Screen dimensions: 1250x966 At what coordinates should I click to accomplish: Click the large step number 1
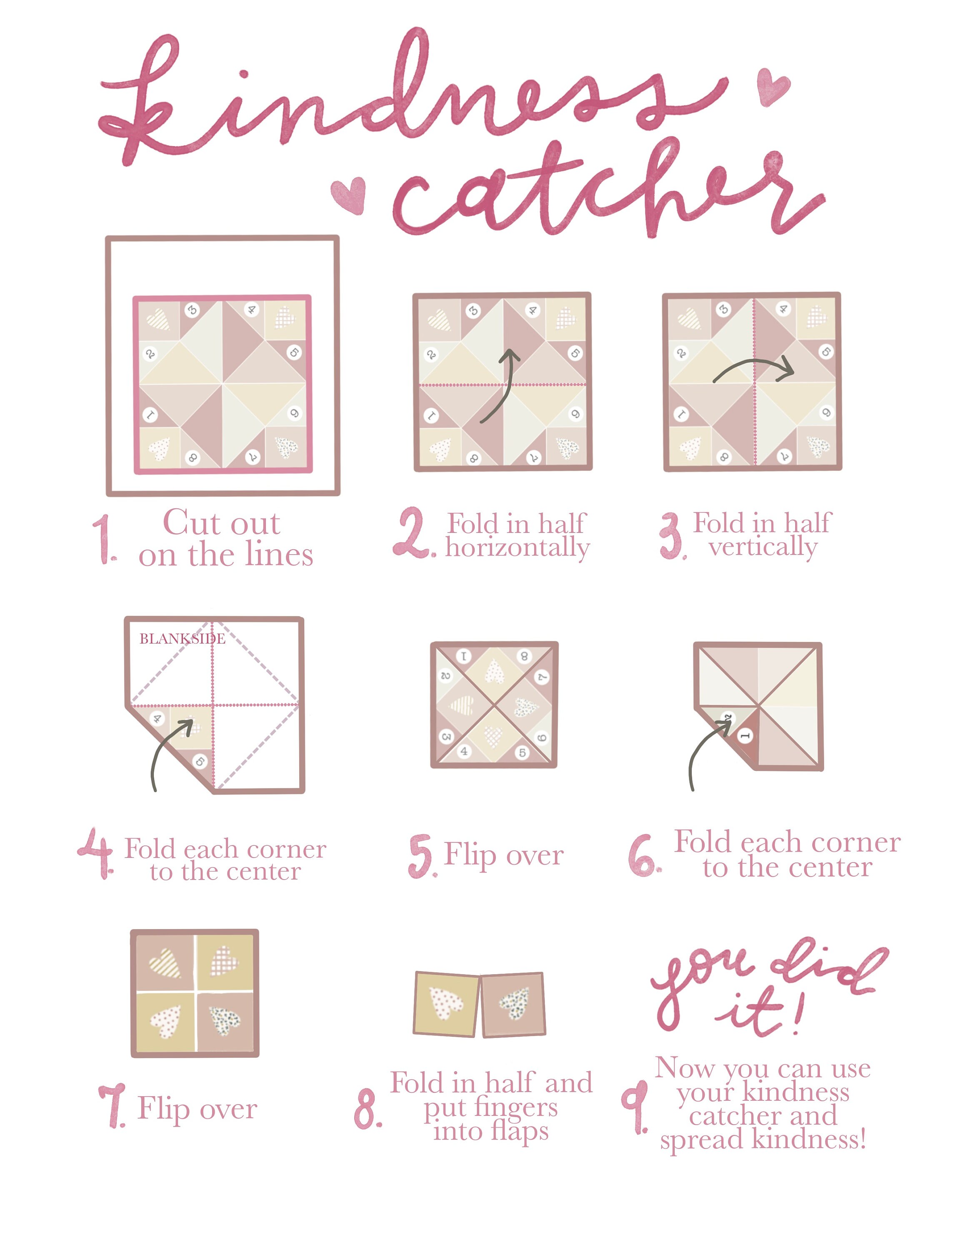point(105,538)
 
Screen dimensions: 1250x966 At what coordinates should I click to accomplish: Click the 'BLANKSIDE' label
point(182,639)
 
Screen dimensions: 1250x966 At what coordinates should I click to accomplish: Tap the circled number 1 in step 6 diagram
point(745,736)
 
